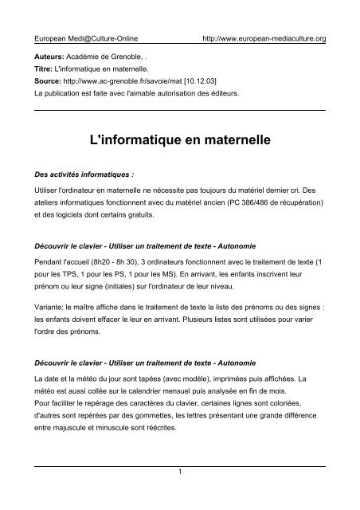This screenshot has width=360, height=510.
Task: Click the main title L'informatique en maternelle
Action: point(180,141)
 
